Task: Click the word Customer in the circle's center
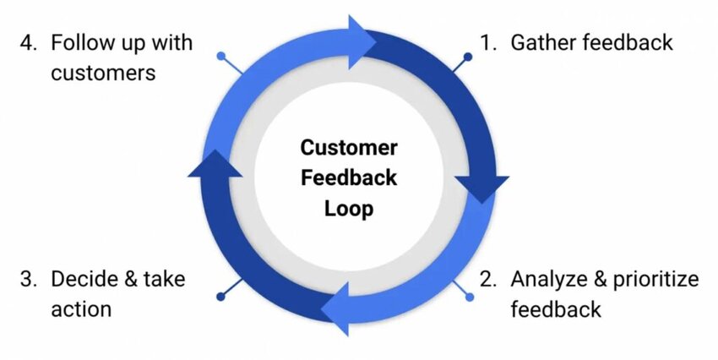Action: coord(348,148)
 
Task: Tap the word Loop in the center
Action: coord(348,209)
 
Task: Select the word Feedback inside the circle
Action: coord(348,178)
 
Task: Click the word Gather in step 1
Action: coord(541,42)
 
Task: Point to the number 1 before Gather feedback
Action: coord(487,42)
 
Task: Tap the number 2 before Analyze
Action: coord(487,279)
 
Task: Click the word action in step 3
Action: coord(81,308)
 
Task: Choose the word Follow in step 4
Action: coord(80,42)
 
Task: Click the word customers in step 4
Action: coord(102,73)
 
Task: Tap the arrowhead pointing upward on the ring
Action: coord(214,166)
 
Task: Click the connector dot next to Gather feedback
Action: coord(469,58)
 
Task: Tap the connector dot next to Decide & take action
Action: coord(221,297)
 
